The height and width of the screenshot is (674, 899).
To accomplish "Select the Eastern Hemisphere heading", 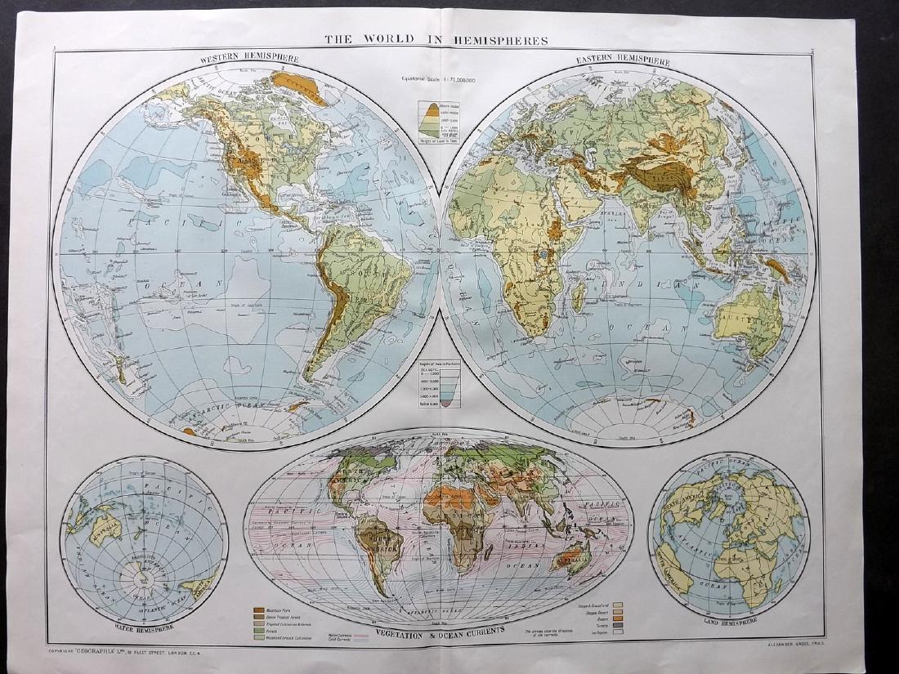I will [623, 61].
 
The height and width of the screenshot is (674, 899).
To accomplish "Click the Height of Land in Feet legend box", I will [440, 121].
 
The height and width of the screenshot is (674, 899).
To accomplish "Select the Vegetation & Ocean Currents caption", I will [441, 634].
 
